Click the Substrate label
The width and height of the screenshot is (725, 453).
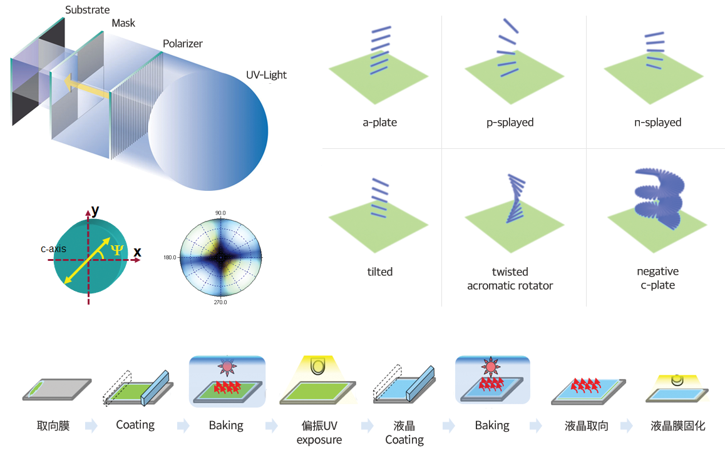coord(88,10)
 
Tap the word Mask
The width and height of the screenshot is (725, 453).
coord(123,23)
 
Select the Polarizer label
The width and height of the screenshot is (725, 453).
coord(183,43)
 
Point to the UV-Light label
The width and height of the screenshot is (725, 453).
coord(266,75)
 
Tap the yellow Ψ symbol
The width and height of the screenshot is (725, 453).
coord(117,250)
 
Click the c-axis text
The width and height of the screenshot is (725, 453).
coord(54,248)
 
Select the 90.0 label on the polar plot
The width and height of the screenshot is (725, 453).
coord(220,213)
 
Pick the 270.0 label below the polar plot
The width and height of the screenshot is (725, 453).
coord(220,302)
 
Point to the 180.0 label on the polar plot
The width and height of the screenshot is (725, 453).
coord(170,257)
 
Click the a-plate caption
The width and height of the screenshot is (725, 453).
coord(379,123)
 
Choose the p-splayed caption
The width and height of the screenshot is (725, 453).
coord(510,123)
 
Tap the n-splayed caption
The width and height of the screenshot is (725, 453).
coord(657,123)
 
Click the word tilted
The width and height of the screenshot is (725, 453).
coord(379,272)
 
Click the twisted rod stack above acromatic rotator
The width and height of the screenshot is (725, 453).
coord(515,198)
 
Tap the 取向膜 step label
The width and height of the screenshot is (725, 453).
coord(53,425)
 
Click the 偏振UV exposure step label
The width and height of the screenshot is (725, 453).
coord(319,432)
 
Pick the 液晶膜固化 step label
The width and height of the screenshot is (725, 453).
coord(678,425)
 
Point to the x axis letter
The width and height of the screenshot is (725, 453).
coord(137,252)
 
